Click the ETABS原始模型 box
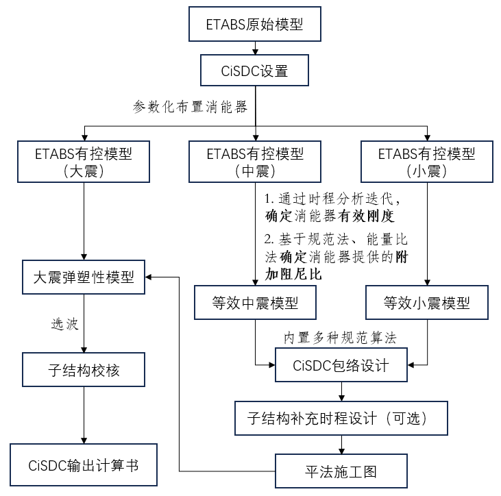click(254, 25)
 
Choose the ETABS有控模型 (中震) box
click(254, 162)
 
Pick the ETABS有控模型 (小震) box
click(426, 162)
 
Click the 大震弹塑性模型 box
click(83, 278)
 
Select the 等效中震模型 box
click(254, 302)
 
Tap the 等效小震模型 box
click(426, 302)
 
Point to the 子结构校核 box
click(83, 371)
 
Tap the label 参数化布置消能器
click(190, 107)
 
